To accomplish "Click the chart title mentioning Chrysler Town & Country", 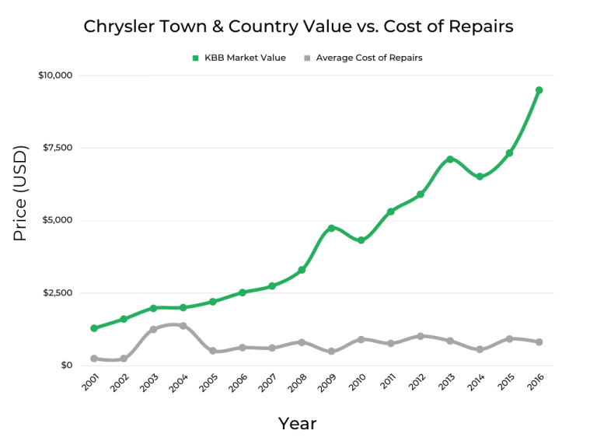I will (298, 26).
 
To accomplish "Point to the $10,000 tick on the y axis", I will (54, 75).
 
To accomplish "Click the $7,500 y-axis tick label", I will (57, 148).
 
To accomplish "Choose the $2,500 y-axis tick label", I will (57, 293).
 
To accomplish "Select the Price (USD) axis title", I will (20, 193).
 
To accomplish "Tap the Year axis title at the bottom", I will (298, 424).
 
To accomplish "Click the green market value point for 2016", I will (539, 90).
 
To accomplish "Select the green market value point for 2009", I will (331, 228).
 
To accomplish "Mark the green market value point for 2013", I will (449, 159).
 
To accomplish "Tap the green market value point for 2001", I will (94, 328).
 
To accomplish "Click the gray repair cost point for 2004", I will (183, 326).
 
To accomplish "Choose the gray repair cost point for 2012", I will (420, 336).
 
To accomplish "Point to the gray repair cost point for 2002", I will (124, 359).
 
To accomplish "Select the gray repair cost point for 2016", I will (539, 342).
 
